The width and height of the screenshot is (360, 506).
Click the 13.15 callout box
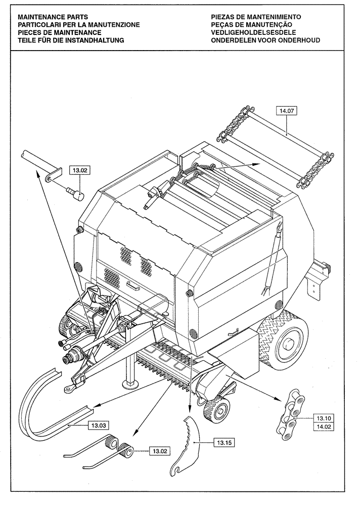point(223,443)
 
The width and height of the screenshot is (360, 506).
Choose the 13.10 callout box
point(324,418)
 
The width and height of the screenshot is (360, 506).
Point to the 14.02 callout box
point(324,428)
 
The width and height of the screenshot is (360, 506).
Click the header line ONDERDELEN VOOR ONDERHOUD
point(265,39)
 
